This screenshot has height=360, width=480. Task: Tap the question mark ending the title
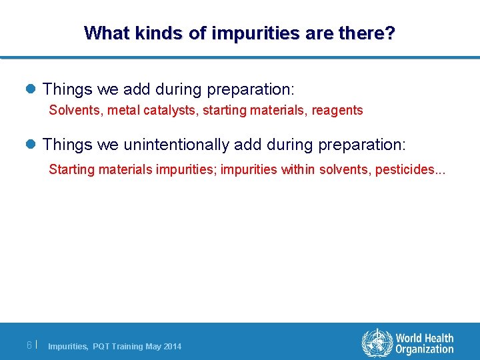coord(390,33)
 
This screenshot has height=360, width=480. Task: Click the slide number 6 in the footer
coord(29,345)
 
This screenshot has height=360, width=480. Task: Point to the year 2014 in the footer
coord(172,347)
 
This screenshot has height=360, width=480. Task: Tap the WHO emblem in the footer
coord(377,343)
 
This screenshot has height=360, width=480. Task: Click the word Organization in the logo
coord(424,350)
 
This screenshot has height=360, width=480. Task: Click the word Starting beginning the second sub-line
coord(72,169)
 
